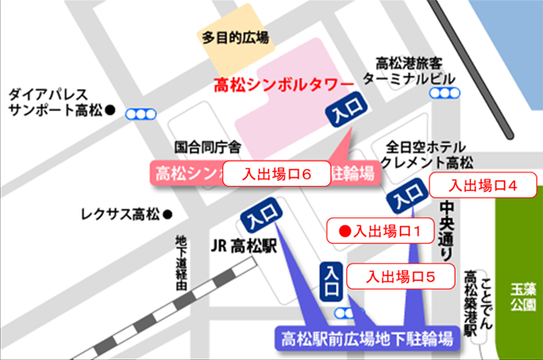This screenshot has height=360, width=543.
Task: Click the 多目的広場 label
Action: pos(235,37)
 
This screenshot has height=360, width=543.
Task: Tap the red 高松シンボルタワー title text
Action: pos(283,85)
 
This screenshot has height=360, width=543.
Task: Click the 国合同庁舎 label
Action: pos(207,147)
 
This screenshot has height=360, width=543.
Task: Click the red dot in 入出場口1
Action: pos(344,230)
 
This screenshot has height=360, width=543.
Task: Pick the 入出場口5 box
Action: pos(401,276)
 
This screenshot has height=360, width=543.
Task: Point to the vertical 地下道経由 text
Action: pos(179,263)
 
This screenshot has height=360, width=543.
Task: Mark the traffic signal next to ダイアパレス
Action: pos(141,112)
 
